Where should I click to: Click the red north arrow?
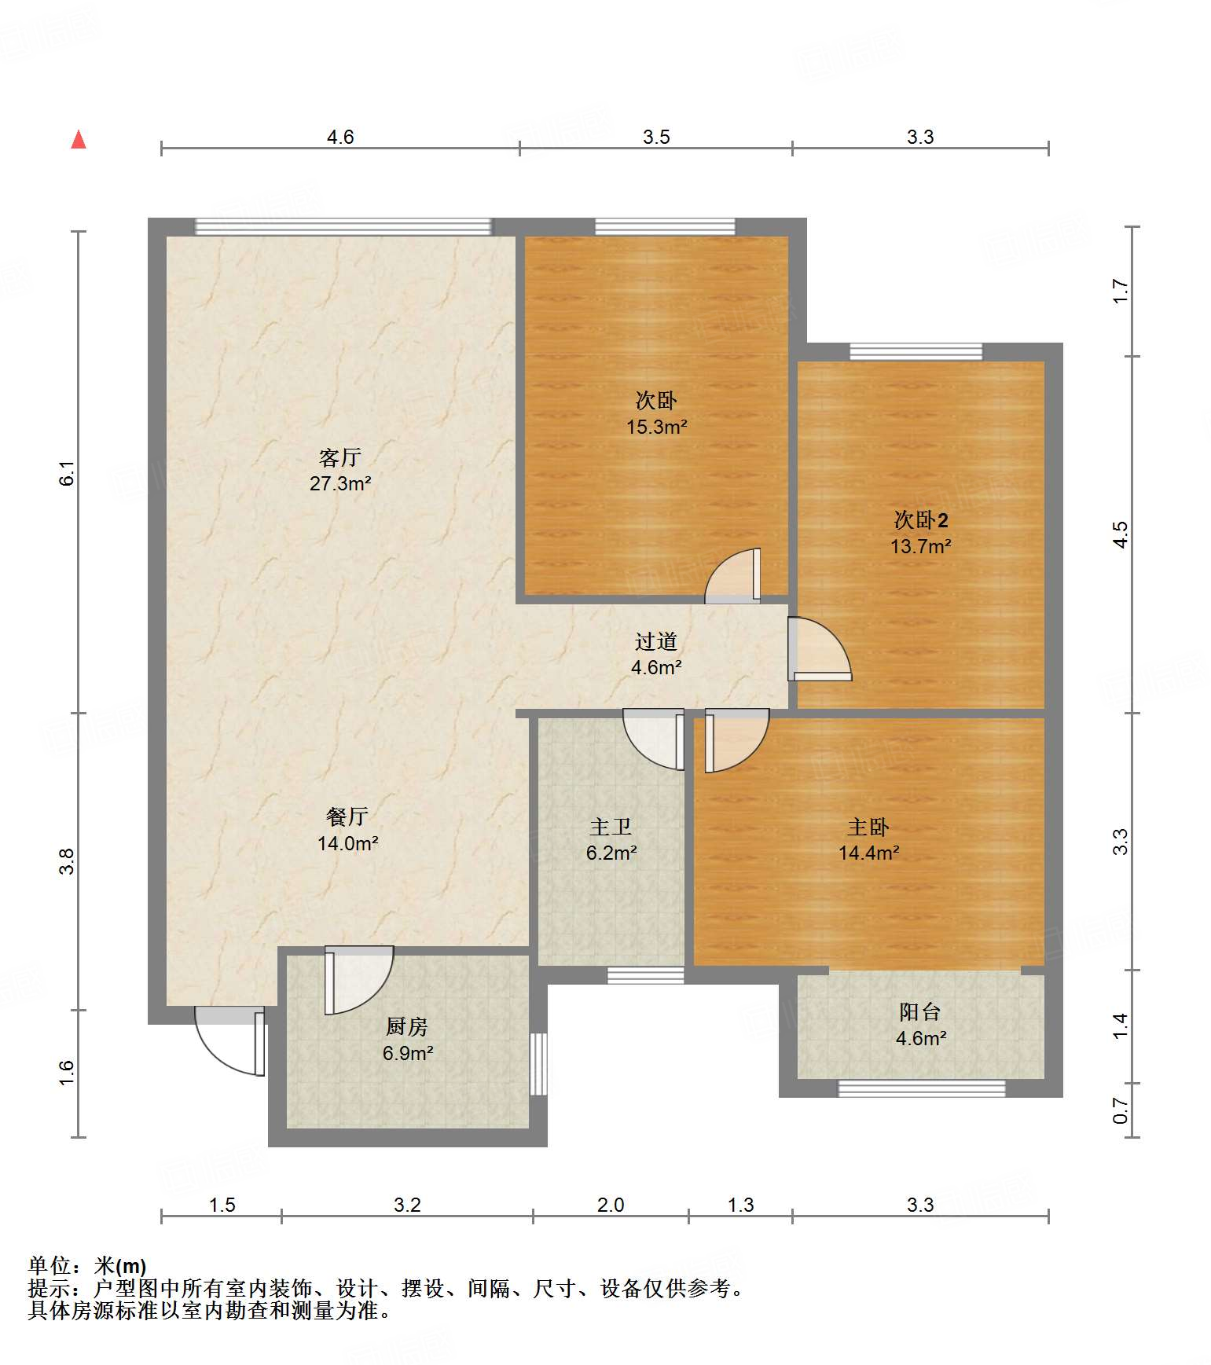(x=79, y=139)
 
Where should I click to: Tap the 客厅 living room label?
(x=340, y=457)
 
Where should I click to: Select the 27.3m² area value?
(x=340, y=483)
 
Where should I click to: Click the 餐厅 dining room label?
(x=347, y=816)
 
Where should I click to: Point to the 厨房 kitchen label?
(x=407, y=1026)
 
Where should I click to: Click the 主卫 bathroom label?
(x=611, y=827)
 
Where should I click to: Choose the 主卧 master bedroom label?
(x=868, y=827)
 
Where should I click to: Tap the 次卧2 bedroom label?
(x=921, y=519)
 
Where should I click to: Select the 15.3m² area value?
(x=657, y=427)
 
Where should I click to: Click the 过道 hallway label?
(x=656, y=641)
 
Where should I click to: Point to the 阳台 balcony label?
(x=920, y=1011)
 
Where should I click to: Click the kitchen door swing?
(x=359, y=980)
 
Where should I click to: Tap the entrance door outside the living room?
(x=229, y=1041)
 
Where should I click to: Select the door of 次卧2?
(x=820, y=649)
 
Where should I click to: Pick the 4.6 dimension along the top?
(x=340, y=137)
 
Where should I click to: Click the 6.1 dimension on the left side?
(x=67, y=473)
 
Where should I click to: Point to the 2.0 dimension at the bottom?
(x=611, y=1205)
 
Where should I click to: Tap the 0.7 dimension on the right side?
(x=1121, y=1111)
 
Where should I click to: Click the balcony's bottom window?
(x=922, y=1088)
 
